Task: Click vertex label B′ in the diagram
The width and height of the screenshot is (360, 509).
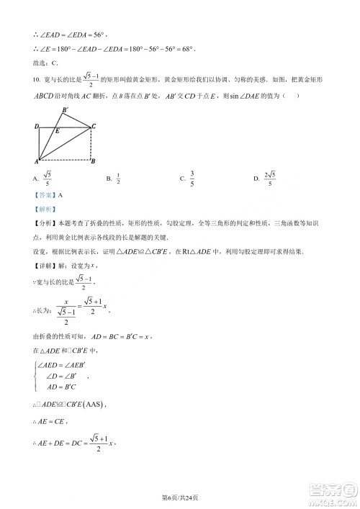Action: click(x=66, y=110)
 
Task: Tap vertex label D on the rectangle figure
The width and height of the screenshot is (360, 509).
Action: click(x=36, y=127)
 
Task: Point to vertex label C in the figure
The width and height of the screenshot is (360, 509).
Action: click(x=94, y=127)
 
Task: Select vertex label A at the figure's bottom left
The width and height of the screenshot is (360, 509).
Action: click(x=37, y=161)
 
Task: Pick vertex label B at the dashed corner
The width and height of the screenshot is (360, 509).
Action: click(x=94, y=161)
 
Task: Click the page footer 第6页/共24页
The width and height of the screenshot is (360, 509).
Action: click(x=180, y=496)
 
